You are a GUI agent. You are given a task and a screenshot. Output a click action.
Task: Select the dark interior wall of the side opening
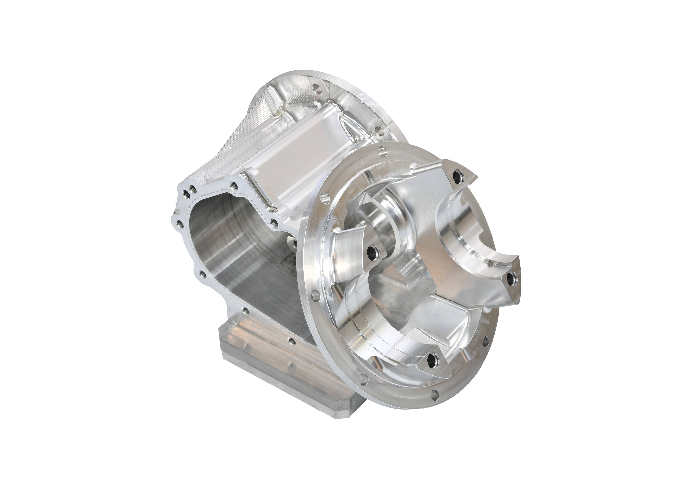tap(229, 256)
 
